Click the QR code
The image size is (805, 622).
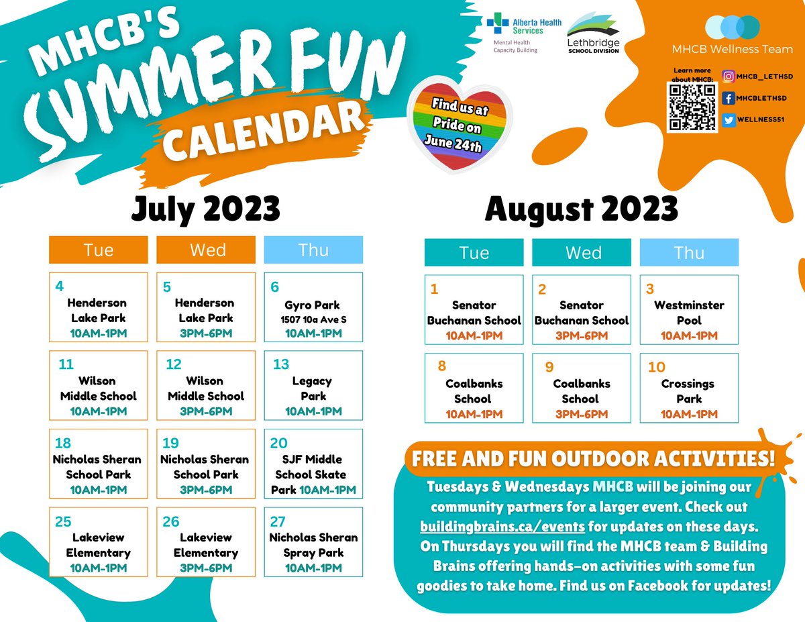[691, 107]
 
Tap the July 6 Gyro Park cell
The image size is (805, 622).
[313, 307]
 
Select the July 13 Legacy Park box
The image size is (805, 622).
[313, 385]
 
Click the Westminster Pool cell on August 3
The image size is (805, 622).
[689, 310]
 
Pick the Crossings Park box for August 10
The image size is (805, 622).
[689, 388]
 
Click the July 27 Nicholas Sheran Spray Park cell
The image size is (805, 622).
[313, 542]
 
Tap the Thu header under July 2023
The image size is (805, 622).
[313, 250]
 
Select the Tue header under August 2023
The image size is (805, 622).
[474, 252]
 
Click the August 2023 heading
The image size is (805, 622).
[581, 210]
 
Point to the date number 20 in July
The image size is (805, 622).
[278, 444]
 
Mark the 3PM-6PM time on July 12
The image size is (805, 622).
[206, 411]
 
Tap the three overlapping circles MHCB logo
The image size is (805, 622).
[732, 27]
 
